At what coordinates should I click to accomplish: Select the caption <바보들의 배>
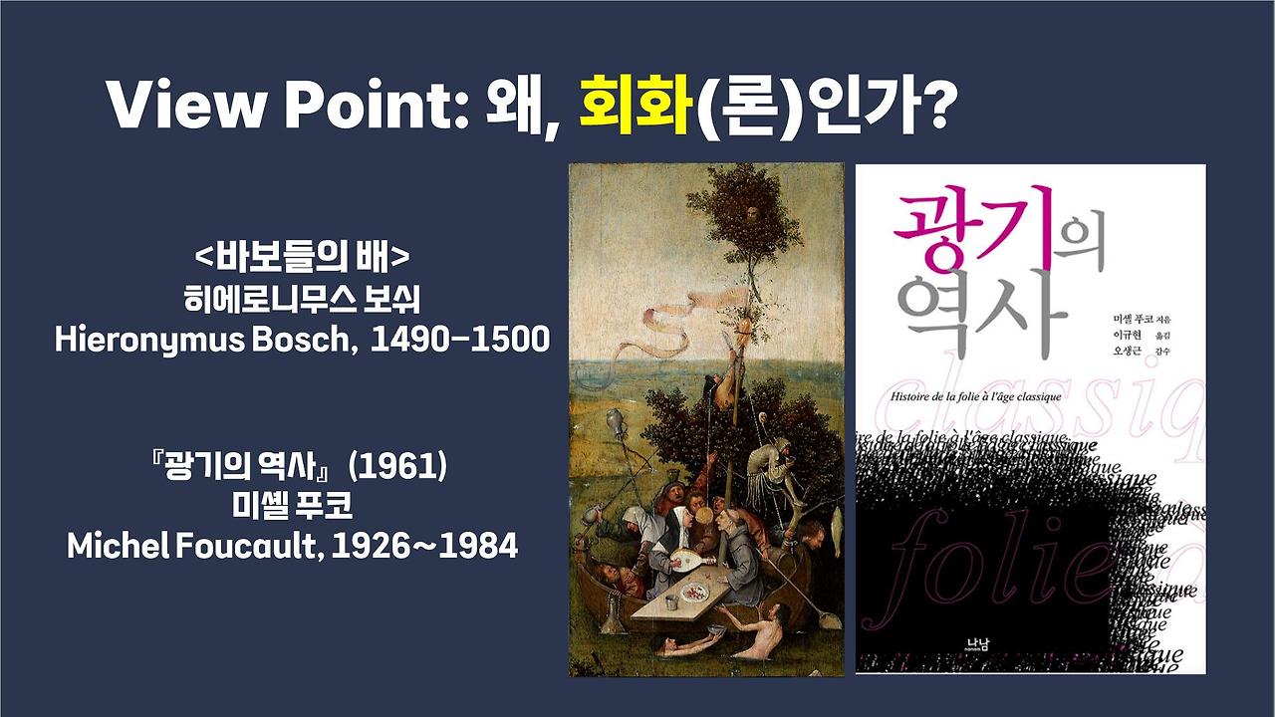point(302,258)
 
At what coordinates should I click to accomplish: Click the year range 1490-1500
point(460,339)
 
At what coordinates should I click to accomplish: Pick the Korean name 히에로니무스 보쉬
point(302,298)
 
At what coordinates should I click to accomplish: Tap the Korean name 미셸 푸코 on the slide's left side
point(292,506)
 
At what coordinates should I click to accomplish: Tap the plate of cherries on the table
point(694,592)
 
